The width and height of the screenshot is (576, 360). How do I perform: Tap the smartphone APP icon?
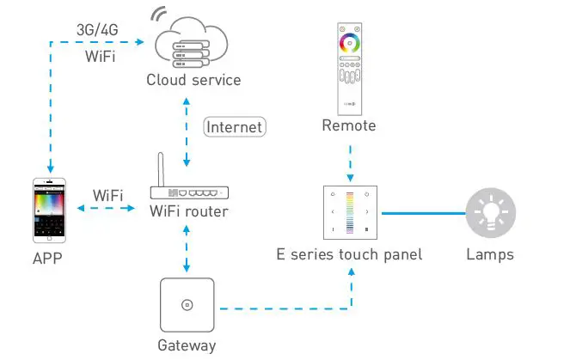49,211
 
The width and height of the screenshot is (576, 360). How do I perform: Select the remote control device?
350,69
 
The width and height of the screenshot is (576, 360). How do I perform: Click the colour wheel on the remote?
349,43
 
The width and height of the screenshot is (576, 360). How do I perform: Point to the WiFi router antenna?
161,169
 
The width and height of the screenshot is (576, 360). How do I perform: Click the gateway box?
187,305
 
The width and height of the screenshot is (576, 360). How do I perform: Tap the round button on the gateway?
187,305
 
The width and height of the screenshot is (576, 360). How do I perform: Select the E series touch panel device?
350,212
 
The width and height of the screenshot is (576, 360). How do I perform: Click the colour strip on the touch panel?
350,213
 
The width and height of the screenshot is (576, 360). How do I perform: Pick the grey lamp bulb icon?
491,212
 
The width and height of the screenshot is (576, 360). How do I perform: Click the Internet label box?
235,127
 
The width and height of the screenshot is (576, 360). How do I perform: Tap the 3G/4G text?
97,30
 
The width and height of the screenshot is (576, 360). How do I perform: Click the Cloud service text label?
193,80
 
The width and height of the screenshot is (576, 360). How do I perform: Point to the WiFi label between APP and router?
107,195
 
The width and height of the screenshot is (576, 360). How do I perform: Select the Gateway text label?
187,345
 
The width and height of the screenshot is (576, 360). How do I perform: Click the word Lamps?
490,254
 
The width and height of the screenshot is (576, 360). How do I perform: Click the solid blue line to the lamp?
424,213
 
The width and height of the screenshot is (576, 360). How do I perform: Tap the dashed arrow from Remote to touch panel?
351,163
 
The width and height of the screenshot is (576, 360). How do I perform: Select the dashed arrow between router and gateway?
187,248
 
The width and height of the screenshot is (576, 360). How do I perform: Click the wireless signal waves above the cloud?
158,14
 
